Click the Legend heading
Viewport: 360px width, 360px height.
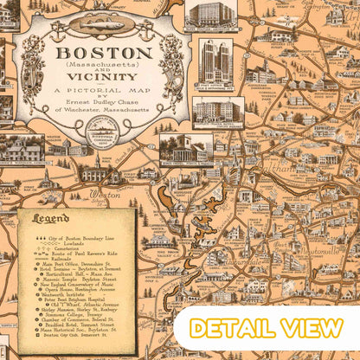52,219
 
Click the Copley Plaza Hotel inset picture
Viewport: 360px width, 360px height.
216,112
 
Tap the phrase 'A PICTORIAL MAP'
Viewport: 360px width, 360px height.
96,90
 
